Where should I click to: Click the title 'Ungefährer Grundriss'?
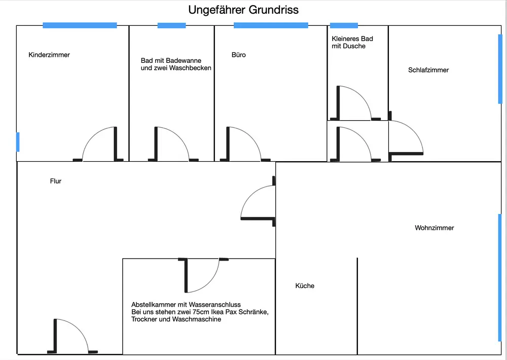point(243,10)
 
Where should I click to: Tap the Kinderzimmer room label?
point(49,55)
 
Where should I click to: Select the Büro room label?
point(238,55)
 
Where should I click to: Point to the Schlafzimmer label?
point(428,70)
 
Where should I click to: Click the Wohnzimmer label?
point(434,228)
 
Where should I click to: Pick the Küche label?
point(305,286)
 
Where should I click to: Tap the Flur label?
point(56,181)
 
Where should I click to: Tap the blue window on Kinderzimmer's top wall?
point(80,25)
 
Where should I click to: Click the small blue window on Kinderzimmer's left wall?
point(18,141)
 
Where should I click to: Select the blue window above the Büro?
point(271,25)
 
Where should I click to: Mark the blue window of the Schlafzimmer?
point(500,69)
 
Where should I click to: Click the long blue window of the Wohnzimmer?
point(500,278)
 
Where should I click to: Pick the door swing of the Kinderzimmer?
point(99,145)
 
